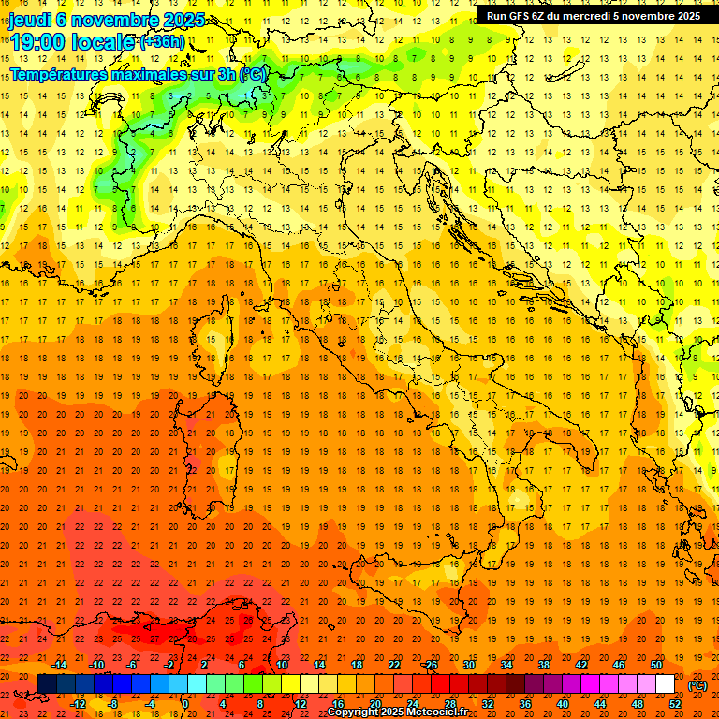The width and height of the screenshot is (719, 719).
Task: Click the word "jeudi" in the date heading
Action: coord(31,20)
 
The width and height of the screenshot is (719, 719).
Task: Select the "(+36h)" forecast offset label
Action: coord(162,41)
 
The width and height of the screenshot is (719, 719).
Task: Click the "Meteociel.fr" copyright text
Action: coord(437,712)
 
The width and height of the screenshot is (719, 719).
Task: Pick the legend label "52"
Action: coord(674,704)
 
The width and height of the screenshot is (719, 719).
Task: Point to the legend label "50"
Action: coord(655,665)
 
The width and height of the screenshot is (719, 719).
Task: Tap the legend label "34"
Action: coord(506,665)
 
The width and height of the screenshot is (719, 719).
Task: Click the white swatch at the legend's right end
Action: coord(665,684)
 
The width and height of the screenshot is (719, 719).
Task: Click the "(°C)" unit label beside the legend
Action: coord(697,685)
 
